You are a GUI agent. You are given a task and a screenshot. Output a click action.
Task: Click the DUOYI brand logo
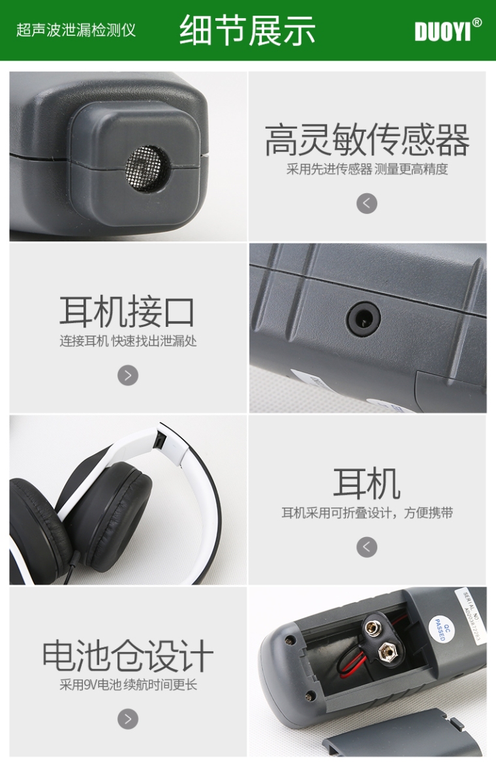click(448, 30)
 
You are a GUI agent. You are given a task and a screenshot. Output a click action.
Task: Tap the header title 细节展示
click(247, 30)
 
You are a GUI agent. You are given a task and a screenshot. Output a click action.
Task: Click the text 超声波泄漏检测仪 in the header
click(76, 30)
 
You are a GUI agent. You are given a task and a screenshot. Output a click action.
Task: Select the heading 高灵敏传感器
click(367, 140)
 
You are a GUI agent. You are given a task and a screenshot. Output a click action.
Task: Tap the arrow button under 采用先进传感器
click(367, 203)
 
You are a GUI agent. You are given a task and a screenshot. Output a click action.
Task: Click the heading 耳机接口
click(127, 311)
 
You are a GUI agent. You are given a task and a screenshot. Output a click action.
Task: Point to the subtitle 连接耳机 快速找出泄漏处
click(128, 341)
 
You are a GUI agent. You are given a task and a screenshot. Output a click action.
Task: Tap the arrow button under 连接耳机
click(128, 375)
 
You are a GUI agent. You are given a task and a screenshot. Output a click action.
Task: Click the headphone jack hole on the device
click(363, 318)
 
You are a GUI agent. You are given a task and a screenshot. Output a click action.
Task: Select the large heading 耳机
click(367, 483)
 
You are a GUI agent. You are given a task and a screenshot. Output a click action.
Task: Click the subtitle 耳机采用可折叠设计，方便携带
click(367, 513)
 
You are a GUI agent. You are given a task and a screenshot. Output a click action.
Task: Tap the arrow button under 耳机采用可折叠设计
click(367, 547)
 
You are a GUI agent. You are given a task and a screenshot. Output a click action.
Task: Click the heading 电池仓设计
click(127, 656)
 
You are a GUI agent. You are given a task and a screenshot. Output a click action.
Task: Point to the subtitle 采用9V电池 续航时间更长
click(128, 685)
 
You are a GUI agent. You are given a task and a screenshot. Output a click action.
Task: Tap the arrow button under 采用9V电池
click(128, 719)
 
